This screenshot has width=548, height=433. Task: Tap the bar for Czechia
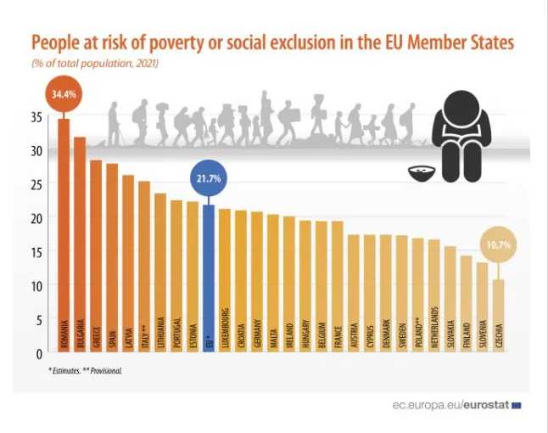[499, 314]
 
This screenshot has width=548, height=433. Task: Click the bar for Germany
[257, 280]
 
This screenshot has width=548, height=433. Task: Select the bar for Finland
[467, 301]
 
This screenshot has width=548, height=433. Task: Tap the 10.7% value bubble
[499, 245]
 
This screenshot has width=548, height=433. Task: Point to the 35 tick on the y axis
[37, 116]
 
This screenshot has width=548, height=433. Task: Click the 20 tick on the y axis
[37, 218]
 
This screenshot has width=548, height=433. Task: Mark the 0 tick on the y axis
[40, 353]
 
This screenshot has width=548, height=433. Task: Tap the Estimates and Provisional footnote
[85, 371]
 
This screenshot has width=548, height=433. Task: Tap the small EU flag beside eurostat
[517, 406]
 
